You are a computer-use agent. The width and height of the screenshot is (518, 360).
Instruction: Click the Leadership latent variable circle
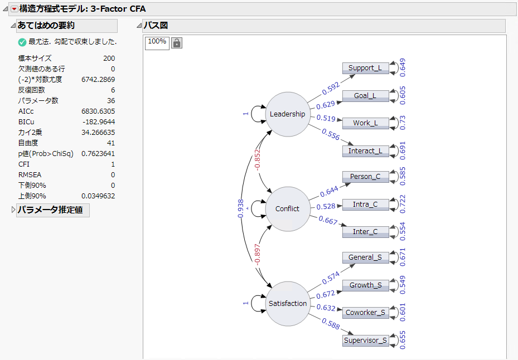pos(287,114)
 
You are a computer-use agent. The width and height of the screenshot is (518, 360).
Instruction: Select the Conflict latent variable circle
pos(287,209)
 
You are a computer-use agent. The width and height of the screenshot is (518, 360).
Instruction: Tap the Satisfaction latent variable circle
pos(287,304)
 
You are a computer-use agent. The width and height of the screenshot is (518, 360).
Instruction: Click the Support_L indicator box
pos(365,68)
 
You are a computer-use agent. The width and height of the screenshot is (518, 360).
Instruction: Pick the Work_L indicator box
pos(365,123)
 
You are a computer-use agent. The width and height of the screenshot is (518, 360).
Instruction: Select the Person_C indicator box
pos(365,177)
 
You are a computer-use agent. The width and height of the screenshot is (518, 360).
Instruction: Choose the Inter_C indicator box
pos(365,232)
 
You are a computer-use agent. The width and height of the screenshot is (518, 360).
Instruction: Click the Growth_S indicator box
pos(365,285)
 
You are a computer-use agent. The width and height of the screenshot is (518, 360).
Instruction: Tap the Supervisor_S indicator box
pos(365,340)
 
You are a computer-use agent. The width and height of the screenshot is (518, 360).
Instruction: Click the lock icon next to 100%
pos(177,43)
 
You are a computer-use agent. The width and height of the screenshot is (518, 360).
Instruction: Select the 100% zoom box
pos(157,42)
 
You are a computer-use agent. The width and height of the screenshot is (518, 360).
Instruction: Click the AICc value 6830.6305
pos(98,111)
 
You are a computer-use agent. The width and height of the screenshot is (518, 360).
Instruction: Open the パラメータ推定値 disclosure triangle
pos(14,210)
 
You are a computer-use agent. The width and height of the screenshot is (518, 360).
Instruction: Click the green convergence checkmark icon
pos(22,42)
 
